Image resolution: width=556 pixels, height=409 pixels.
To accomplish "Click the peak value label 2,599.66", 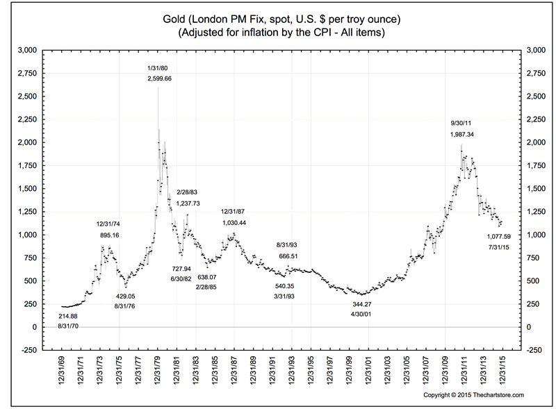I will tap(160, 80).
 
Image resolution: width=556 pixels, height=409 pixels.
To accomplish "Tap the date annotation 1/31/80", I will tap(156, 67).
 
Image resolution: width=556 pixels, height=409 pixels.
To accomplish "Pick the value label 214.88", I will tap(68, 316).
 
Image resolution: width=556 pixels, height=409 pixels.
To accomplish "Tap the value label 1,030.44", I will tap(234, 222).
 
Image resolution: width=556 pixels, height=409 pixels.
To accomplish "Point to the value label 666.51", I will tap(289, 256).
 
